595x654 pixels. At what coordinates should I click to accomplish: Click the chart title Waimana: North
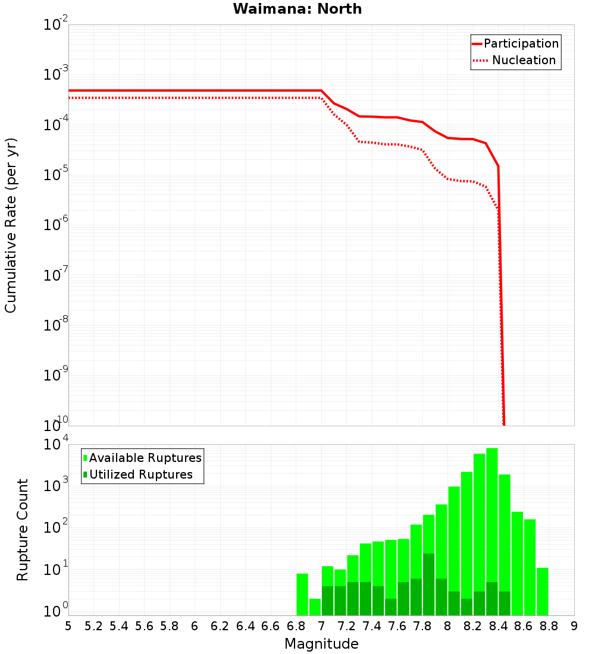point(297,9)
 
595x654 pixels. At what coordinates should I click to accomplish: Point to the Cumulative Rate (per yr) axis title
point(11,225)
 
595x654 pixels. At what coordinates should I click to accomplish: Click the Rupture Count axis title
point(23,530)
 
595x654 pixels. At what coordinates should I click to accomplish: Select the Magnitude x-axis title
point(321,644)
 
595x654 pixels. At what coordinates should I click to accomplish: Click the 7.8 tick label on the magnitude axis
point(422,626)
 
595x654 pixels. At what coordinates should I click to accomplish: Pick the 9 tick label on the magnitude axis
point(574,626)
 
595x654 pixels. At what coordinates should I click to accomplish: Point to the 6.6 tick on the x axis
point(271,626)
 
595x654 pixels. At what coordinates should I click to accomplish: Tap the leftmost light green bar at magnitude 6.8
point(302,595)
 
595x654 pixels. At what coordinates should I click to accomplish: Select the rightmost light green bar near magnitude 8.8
point(542,592)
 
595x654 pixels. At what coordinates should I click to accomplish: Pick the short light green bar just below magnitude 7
point(315,607)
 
